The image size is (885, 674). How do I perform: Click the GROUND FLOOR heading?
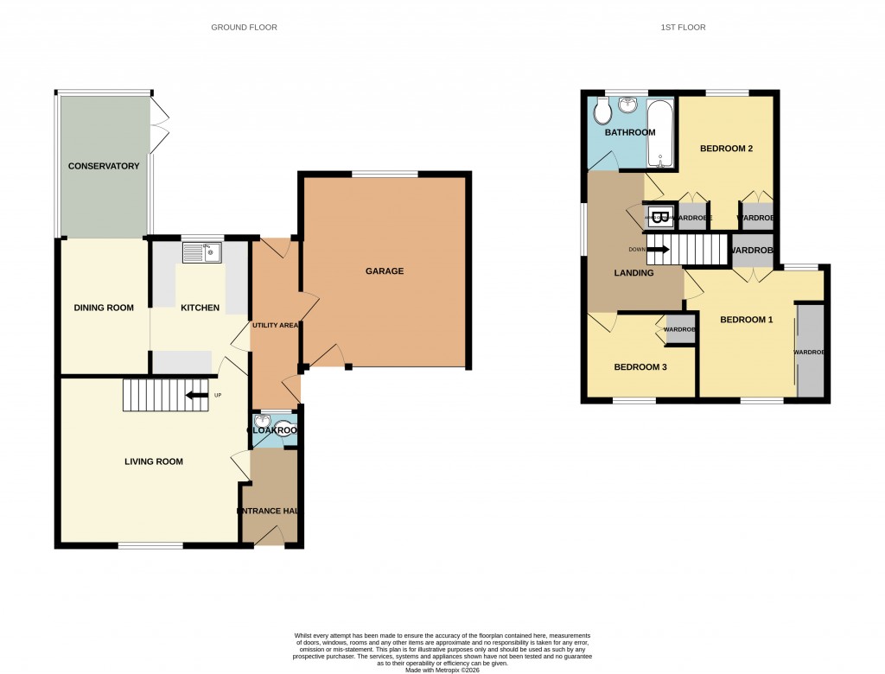pyautogui.click(x=244, y=28)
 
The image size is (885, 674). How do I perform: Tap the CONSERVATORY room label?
pyautogui.click(x=104, y=166)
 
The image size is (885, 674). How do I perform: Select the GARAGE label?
pyautogui.click(x=385, y=271)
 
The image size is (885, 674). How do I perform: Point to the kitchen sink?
pyautogui.click(x=202, y=253)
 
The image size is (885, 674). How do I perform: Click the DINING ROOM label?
pyautogui.click(x=104, y=308)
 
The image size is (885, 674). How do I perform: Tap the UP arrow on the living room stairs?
pyautogui.click(x=198, y=396)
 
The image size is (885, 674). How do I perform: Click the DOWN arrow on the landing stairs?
pyautogui.click(x=658, y=251)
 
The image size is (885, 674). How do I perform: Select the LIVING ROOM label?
pyautogui.click(x=154, y=461)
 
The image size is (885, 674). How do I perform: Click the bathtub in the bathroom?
pyautogui.click(x=659, y=134)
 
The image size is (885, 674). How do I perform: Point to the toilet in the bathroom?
pyautogui.click(x=602, y=111)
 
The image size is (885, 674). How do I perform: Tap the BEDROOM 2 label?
pyautogui.click(x=726, y=149)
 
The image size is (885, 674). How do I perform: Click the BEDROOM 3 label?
pyautogui.click(x=640, y=366)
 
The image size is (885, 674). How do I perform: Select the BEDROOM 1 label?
pyautogui.click(x=747, y=320)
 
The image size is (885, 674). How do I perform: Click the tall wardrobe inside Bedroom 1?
pyautogui.click(x=811, y=350)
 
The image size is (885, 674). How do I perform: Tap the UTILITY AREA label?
pyautogui.click(x=276, y=326)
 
